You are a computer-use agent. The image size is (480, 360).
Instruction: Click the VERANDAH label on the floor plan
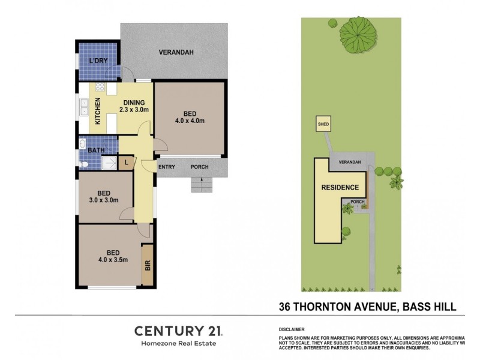[176, 52]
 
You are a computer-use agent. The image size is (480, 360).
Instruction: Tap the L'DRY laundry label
[98, 61]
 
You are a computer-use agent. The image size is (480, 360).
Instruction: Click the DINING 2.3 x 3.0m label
[133, 106]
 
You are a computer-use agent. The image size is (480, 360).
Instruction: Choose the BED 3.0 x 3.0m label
[104, 196]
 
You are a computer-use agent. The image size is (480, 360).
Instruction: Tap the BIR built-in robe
[148, 266]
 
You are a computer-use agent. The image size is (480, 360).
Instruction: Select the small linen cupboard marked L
[127, 162]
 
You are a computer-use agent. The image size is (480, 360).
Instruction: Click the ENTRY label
[167, 167]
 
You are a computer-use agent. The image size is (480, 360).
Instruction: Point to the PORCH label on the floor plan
[200, 167]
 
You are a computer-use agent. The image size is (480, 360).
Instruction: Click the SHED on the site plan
[323, 125]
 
